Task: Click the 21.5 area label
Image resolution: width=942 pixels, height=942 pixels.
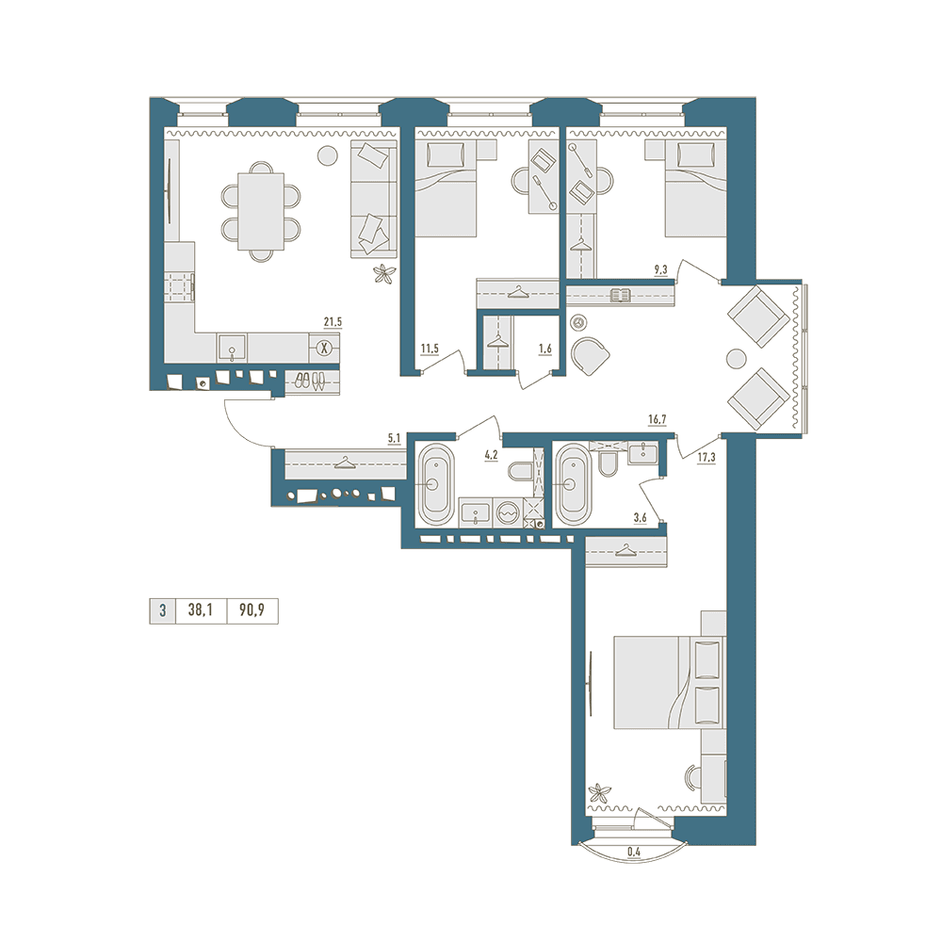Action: [x=333, y=322]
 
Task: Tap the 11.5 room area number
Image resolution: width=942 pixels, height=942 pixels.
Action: [x=429, y=348]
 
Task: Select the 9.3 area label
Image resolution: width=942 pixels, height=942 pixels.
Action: [x=660, y=269]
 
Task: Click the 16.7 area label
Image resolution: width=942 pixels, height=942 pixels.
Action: [x=658, y=419]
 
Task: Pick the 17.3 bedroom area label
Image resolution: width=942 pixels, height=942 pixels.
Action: [x=706, y=457]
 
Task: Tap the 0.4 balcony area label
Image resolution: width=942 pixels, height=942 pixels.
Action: [x=633, y=851]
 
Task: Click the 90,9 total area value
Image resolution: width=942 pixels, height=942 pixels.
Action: [x=252, y=611]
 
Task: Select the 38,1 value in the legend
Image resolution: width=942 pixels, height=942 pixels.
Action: [x=200, y=611]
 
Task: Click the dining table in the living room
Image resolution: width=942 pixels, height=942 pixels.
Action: [x=261, y=211]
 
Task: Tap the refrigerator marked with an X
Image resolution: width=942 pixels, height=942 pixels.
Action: [x=324, y=348]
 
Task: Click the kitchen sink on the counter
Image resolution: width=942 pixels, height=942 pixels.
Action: [x=232, y=348]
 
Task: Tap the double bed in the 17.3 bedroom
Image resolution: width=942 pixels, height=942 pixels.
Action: [x=669, y=682]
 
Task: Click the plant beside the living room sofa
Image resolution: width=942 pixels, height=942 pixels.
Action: [x=383, y=274]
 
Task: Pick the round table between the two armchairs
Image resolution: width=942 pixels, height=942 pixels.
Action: [x=736, y=359]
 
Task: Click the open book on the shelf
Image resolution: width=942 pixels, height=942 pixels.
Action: [x=620, y=295]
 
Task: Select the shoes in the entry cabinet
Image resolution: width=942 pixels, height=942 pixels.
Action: [x=311, y=381]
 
